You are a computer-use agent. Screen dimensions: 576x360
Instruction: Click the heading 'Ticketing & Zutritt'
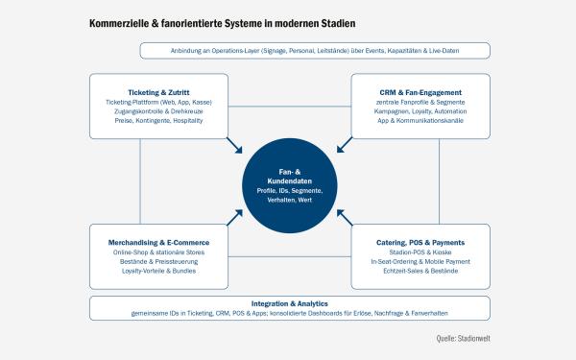coord(158,92)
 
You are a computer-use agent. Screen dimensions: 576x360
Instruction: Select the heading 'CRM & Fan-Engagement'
coord(420,92)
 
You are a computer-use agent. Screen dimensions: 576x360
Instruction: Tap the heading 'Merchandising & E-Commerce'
coord(158,243)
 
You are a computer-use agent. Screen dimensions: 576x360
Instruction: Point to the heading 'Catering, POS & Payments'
coord(420,243)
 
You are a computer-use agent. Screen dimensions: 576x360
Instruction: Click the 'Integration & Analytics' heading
coord(290,303)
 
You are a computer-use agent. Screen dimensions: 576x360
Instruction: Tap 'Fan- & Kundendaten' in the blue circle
coord(290,177)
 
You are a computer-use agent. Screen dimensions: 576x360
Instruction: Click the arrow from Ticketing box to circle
coord(234,146)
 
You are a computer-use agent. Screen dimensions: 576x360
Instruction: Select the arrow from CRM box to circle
coord(345,145)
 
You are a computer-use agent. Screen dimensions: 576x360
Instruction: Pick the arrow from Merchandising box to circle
coord(234,218)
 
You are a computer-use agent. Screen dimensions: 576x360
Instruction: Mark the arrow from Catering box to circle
coord(345,218)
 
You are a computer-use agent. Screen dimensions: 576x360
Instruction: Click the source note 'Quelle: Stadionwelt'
coord(464,338)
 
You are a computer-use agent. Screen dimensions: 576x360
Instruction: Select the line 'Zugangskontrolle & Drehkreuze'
coord(158,111)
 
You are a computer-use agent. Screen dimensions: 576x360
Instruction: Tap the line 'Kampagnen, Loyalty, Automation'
coord(420,111)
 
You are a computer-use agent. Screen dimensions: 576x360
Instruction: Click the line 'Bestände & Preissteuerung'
coord(158,261)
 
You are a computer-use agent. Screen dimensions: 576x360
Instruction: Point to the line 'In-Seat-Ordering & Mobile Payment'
coord(420,261)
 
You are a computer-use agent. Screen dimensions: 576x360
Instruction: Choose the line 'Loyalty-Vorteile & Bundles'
coord(158,271)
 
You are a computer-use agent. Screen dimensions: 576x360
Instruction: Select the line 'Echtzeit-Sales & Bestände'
coord(420,271)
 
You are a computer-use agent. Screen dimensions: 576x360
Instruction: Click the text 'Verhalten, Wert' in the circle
coord(290,200)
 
